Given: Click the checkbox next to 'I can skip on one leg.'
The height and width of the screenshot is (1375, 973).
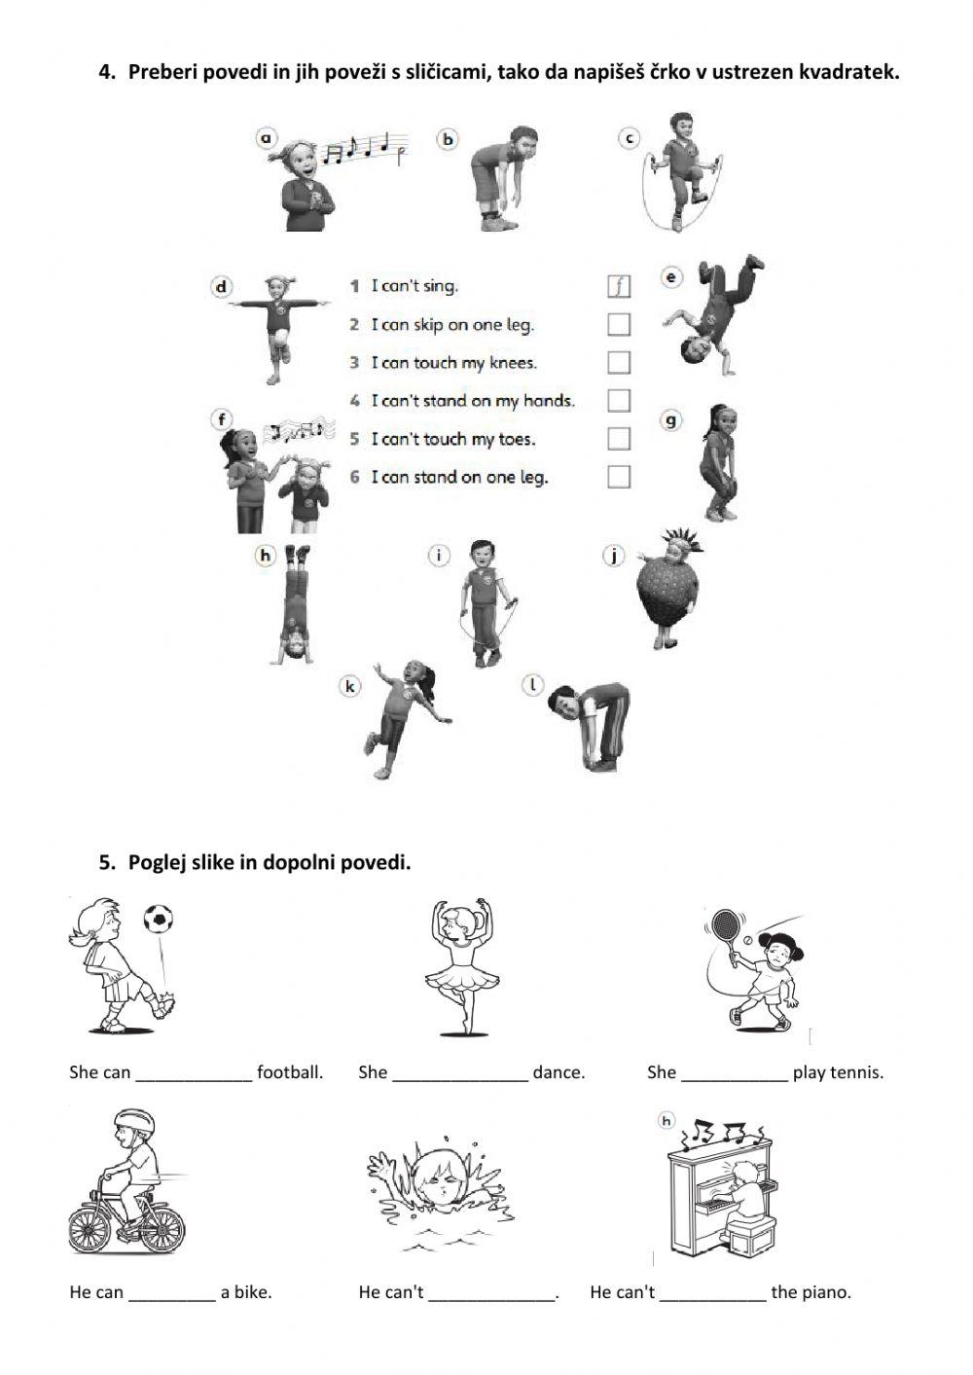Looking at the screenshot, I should point(618,324).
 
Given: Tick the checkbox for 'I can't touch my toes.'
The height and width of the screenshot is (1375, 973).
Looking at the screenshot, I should point(618,439).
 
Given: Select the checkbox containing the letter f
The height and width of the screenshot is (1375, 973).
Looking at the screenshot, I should point(618,285).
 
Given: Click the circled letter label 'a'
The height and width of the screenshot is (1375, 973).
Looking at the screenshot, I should point(266,138).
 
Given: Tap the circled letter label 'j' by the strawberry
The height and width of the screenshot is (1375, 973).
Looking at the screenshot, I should point(613,557).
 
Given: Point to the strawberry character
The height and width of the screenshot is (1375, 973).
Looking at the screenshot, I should point(665,592).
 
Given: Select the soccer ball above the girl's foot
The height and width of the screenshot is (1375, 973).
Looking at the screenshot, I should point(159,918).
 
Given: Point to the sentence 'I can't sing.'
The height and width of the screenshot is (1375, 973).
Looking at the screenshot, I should point(414,286).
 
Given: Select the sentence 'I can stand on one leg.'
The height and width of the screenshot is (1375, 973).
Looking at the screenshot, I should point(459,477).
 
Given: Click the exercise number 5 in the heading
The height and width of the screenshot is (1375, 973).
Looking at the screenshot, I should point(106,862).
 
